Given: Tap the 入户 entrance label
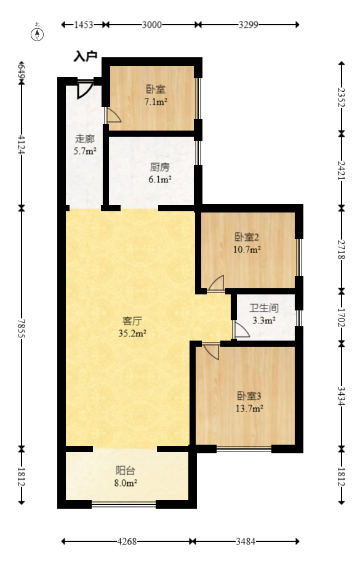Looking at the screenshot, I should [86, 57].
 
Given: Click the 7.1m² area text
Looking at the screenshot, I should [156, 102].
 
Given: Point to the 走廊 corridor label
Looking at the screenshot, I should [85, 139].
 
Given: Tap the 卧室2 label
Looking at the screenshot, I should [247, 237].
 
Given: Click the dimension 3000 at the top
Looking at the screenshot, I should [151, 25].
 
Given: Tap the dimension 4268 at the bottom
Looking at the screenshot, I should [127, 542].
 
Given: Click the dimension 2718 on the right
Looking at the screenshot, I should [342, 246].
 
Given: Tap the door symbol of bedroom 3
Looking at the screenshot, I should [211, 351].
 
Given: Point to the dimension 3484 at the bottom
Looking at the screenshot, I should [246, 542].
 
